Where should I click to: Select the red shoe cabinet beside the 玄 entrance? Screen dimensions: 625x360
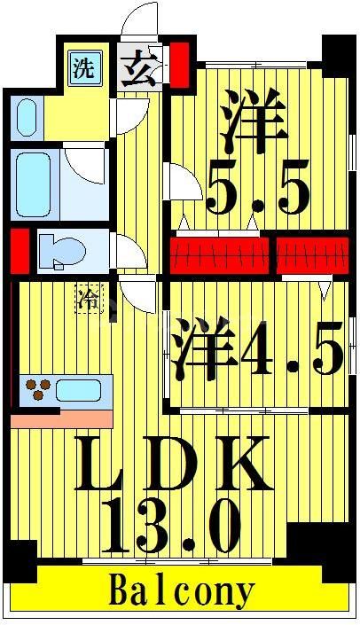(x=179, y=63)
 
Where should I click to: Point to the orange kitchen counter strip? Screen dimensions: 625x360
(x=62, y=418)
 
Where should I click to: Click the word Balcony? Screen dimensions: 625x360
(x=181, y=591)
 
